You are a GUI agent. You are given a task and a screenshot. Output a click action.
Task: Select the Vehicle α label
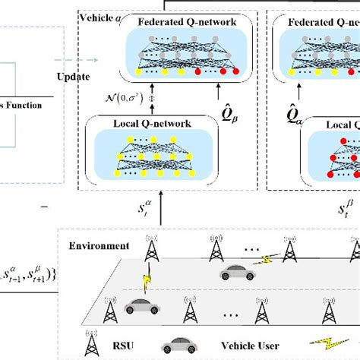[99, 16]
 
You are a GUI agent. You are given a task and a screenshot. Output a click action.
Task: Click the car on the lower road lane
[141, 306]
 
